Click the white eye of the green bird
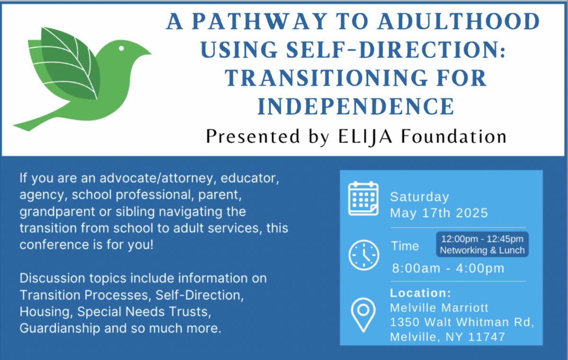point(121,48)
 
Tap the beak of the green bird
point(146,52)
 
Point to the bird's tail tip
point(13,125)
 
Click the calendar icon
point(364,198)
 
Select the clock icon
point(364,255)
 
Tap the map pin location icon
point(363,315)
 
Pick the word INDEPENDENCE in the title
point(356,106)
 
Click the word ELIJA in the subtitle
point(365,137)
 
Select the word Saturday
point(419,197)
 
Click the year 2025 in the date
point(472,213)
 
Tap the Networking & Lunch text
point(482,250)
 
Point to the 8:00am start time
point(416,268)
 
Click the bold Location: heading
point(420,293)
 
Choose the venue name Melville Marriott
point(439,308)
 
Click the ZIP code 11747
point(487,337)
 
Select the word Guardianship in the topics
point(60,329)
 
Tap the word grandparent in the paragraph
point(57,212)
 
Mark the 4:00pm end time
point(480,268)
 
